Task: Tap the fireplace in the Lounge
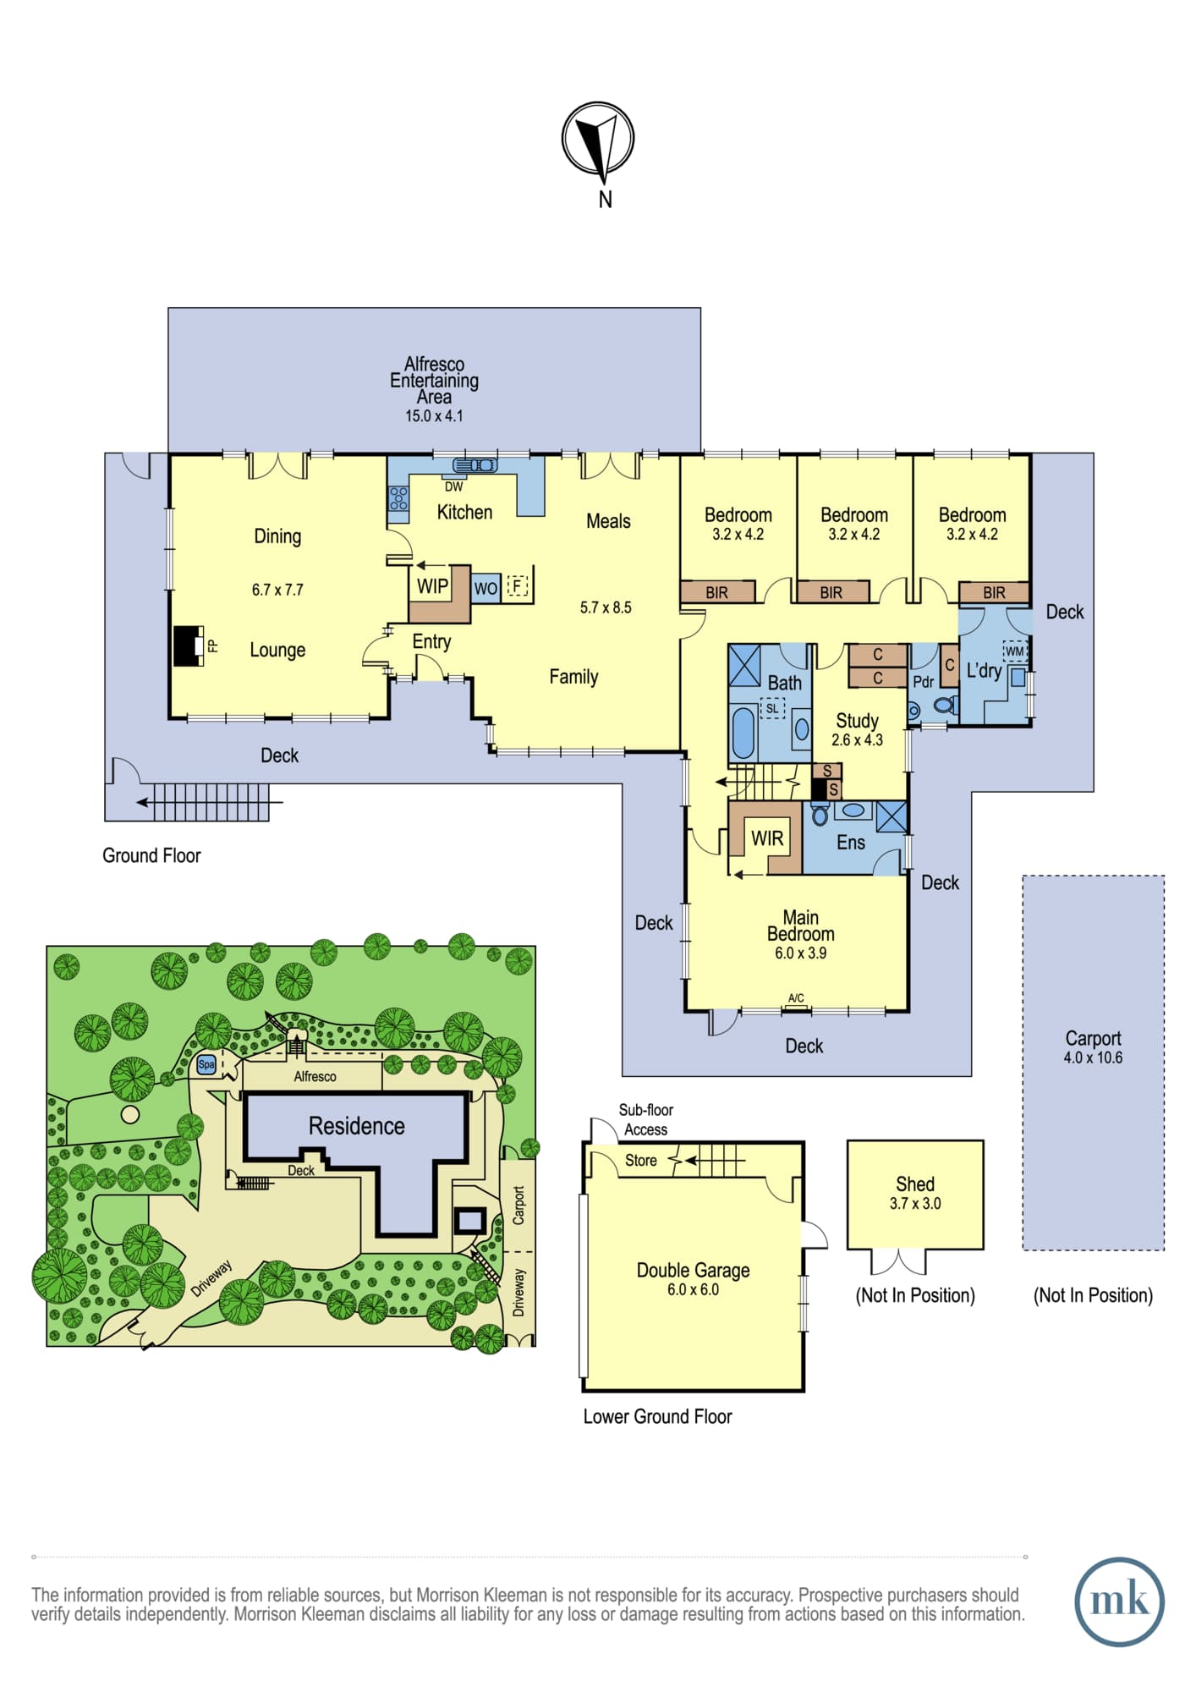pos(189,646)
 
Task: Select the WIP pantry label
pos(432,586)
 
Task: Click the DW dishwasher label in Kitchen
pos(454,486)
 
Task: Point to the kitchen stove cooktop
pos(398,499)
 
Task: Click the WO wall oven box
pos(486,588)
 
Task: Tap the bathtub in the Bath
pos(743,732)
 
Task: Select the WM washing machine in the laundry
pos(1014,651)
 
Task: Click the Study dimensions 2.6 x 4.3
pos(857,740)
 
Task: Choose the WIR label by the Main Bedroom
pos(767,838)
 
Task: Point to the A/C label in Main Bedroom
pos(796,998)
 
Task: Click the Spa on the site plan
pos(206,1065)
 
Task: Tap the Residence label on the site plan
pos(356,1126)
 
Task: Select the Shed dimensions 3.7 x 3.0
pos(915,1204)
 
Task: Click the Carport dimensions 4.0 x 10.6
pos(1093,1057)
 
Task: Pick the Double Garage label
pos(694,1270)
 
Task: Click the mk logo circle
pos(1119,1601)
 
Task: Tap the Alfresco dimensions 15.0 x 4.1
pos(434,416)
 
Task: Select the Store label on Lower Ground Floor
pos(640,1161)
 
